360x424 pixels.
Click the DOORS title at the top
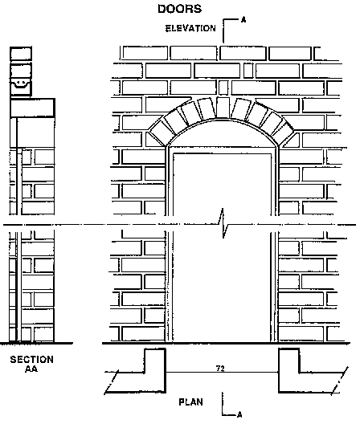180,9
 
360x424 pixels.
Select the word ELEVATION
190,28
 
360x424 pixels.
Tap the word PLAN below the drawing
190,402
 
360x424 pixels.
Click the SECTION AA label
32,364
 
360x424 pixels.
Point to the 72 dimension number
220,369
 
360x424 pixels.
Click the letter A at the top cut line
243,20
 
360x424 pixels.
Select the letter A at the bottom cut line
239,414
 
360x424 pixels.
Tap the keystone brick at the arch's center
223,108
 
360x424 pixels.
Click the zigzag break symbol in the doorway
223,223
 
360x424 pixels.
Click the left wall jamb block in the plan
155,371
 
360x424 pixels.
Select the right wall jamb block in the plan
289,371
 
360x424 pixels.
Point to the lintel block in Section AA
32,108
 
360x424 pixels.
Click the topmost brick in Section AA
21,54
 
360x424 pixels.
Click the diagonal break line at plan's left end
111,381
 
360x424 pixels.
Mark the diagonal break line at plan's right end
340,381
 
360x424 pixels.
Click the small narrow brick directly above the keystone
223,88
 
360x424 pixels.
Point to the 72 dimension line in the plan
222,373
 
